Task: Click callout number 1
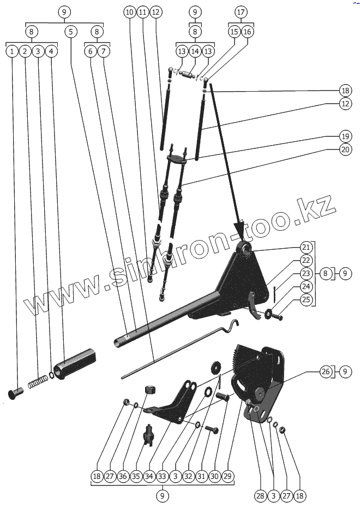11,52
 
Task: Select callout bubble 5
70,32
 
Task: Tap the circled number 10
129,11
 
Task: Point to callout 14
195,51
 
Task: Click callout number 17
241,11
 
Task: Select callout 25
305,299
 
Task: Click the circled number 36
122,476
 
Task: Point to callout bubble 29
228,476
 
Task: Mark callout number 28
260,495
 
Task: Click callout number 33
162,476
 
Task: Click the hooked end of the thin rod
235,325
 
